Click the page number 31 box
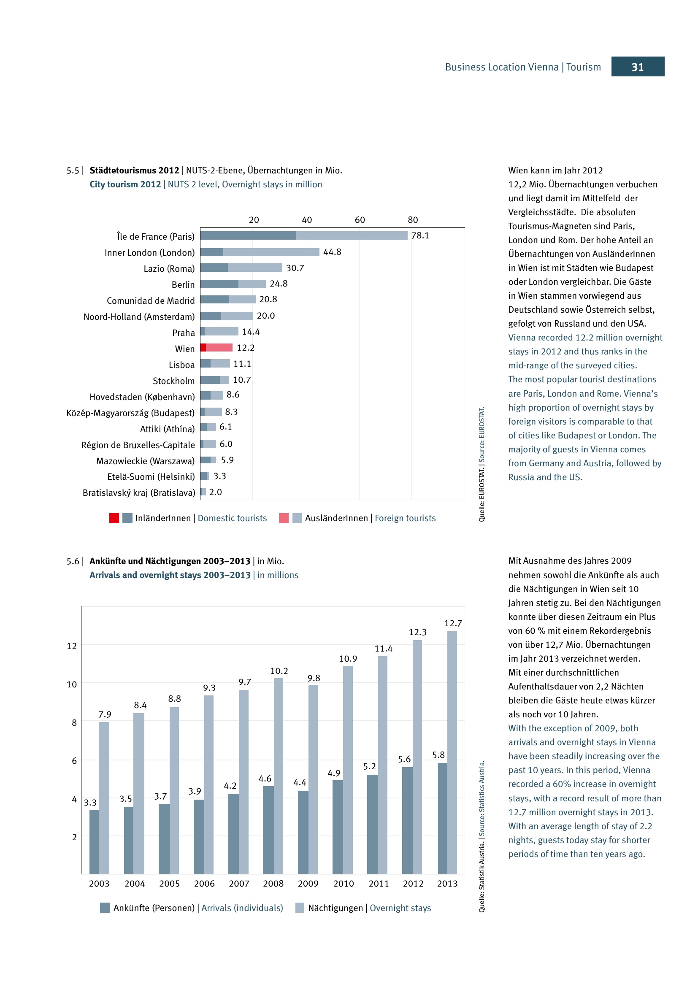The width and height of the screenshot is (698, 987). (x=637, y=67)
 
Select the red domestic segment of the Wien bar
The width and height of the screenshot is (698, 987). (x=203, y=347)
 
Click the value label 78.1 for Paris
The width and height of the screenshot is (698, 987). (x=420, y=235)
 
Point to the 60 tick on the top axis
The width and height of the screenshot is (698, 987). (x=360, y=220)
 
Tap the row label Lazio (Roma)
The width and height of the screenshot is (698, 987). (x=169, y=269)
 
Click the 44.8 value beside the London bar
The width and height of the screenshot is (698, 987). (x=332, y=252)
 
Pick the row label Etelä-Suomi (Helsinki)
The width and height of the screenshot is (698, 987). (x=151, y=476)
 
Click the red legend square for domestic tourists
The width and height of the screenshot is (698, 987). (x=114, y=518)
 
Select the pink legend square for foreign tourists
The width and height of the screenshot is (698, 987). (x=284, y=518)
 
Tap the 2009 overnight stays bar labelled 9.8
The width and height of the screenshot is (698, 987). (x=313, y=778)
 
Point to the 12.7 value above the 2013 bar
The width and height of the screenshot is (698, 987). (x=452, y=623)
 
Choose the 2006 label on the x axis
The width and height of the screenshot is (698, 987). (x=204, y=883)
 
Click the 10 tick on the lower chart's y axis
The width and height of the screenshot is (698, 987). (x=72, y=684)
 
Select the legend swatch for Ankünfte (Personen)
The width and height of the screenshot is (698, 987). (x=105, y=908)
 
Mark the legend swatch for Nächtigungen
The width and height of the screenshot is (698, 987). (x=300, y=908)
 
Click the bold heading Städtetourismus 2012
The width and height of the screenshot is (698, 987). (x=134, y=170)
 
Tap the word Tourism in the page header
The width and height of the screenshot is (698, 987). (x=583, y=67)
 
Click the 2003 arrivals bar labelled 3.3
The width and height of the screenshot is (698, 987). (x=94, y=841)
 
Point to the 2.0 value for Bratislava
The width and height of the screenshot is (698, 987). (x=215, y=492)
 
